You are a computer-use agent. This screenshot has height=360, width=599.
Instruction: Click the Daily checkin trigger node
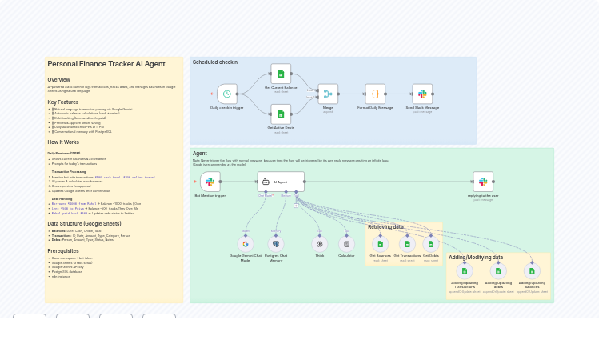click(227, 94)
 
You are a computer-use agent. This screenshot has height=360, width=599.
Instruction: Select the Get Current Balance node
click(281, 74)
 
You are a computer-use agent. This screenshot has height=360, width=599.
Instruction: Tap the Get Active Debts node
click(281, 114)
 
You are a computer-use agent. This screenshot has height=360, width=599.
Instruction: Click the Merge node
click(328, 94)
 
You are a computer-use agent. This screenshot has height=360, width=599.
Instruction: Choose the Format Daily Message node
click(375, 94)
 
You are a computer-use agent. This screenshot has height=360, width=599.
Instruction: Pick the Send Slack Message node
click(422, 94)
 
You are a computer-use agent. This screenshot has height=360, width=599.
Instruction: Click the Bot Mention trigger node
click(210, 182)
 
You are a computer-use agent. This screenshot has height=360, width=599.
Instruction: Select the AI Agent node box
click(281, 182)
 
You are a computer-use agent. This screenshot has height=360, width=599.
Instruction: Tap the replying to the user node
click(483, 182)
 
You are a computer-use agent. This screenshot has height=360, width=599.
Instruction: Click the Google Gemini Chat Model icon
click(246, 244)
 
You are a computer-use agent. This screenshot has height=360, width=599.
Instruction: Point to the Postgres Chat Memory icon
click(276, 244)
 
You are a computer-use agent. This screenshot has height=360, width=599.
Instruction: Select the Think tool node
click(320, 244)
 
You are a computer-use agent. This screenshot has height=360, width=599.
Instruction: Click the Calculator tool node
click(346, 244)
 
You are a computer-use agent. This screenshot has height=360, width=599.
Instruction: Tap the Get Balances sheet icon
click(380, 243)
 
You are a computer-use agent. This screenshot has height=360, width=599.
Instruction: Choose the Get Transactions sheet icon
click(407, 243)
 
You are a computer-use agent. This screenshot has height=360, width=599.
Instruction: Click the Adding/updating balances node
click(532, 271)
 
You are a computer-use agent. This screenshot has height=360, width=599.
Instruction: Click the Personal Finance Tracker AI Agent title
click(106, 64)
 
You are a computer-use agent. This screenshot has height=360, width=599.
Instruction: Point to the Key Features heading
click(63, 102)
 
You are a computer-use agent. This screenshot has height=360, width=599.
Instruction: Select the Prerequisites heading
click(63, 250)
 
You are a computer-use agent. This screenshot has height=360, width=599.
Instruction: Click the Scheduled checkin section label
click(215, 62)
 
